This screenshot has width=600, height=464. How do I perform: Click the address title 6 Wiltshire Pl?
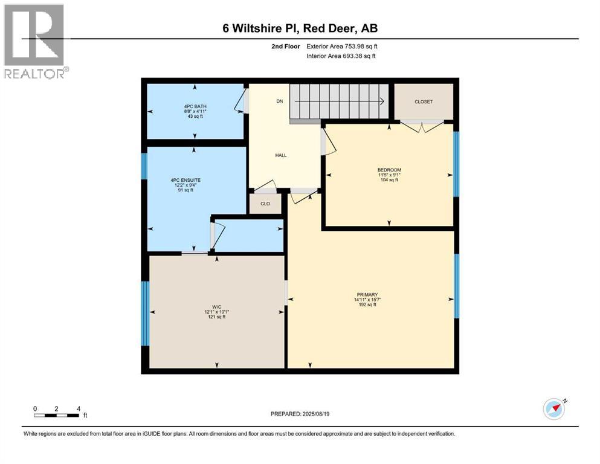point(300,28)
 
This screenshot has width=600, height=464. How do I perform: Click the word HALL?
point(281,155)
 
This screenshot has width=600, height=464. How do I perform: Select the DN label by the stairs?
point(279,101)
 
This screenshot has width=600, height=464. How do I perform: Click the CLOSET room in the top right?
point(423,101)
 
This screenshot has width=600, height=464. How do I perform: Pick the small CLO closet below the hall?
point(265,204)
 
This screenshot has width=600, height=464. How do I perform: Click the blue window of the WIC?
point(144,312)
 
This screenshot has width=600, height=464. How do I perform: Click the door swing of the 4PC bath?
point(240,101)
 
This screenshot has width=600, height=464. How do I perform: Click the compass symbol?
point(554,409)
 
